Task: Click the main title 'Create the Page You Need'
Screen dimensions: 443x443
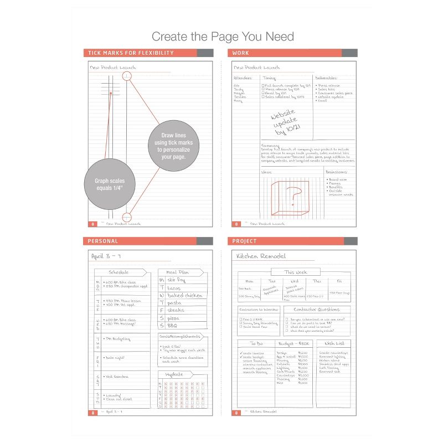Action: coord(223,37)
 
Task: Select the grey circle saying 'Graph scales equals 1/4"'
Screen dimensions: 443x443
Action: coord(109,184)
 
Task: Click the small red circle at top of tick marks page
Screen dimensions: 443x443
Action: coord(127,75)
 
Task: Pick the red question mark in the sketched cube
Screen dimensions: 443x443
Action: coord(292,197)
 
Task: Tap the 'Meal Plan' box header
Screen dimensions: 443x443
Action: coord(178,272)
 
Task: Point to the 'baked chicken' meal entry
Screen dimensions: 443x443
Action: coord(184,295)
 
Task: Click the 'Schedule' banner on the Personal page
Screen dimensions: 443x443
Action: coord(119,272)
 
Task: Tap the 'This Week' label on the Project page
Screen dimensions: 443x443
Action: coord(295,272)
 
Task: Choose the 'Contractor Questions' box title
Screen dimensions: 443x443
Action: coord(316,309)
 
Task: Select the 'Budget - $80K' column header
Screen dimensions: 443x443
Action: coord(293,343)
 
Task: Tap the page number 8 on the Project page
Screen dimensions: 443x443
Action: coord(236,413)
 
